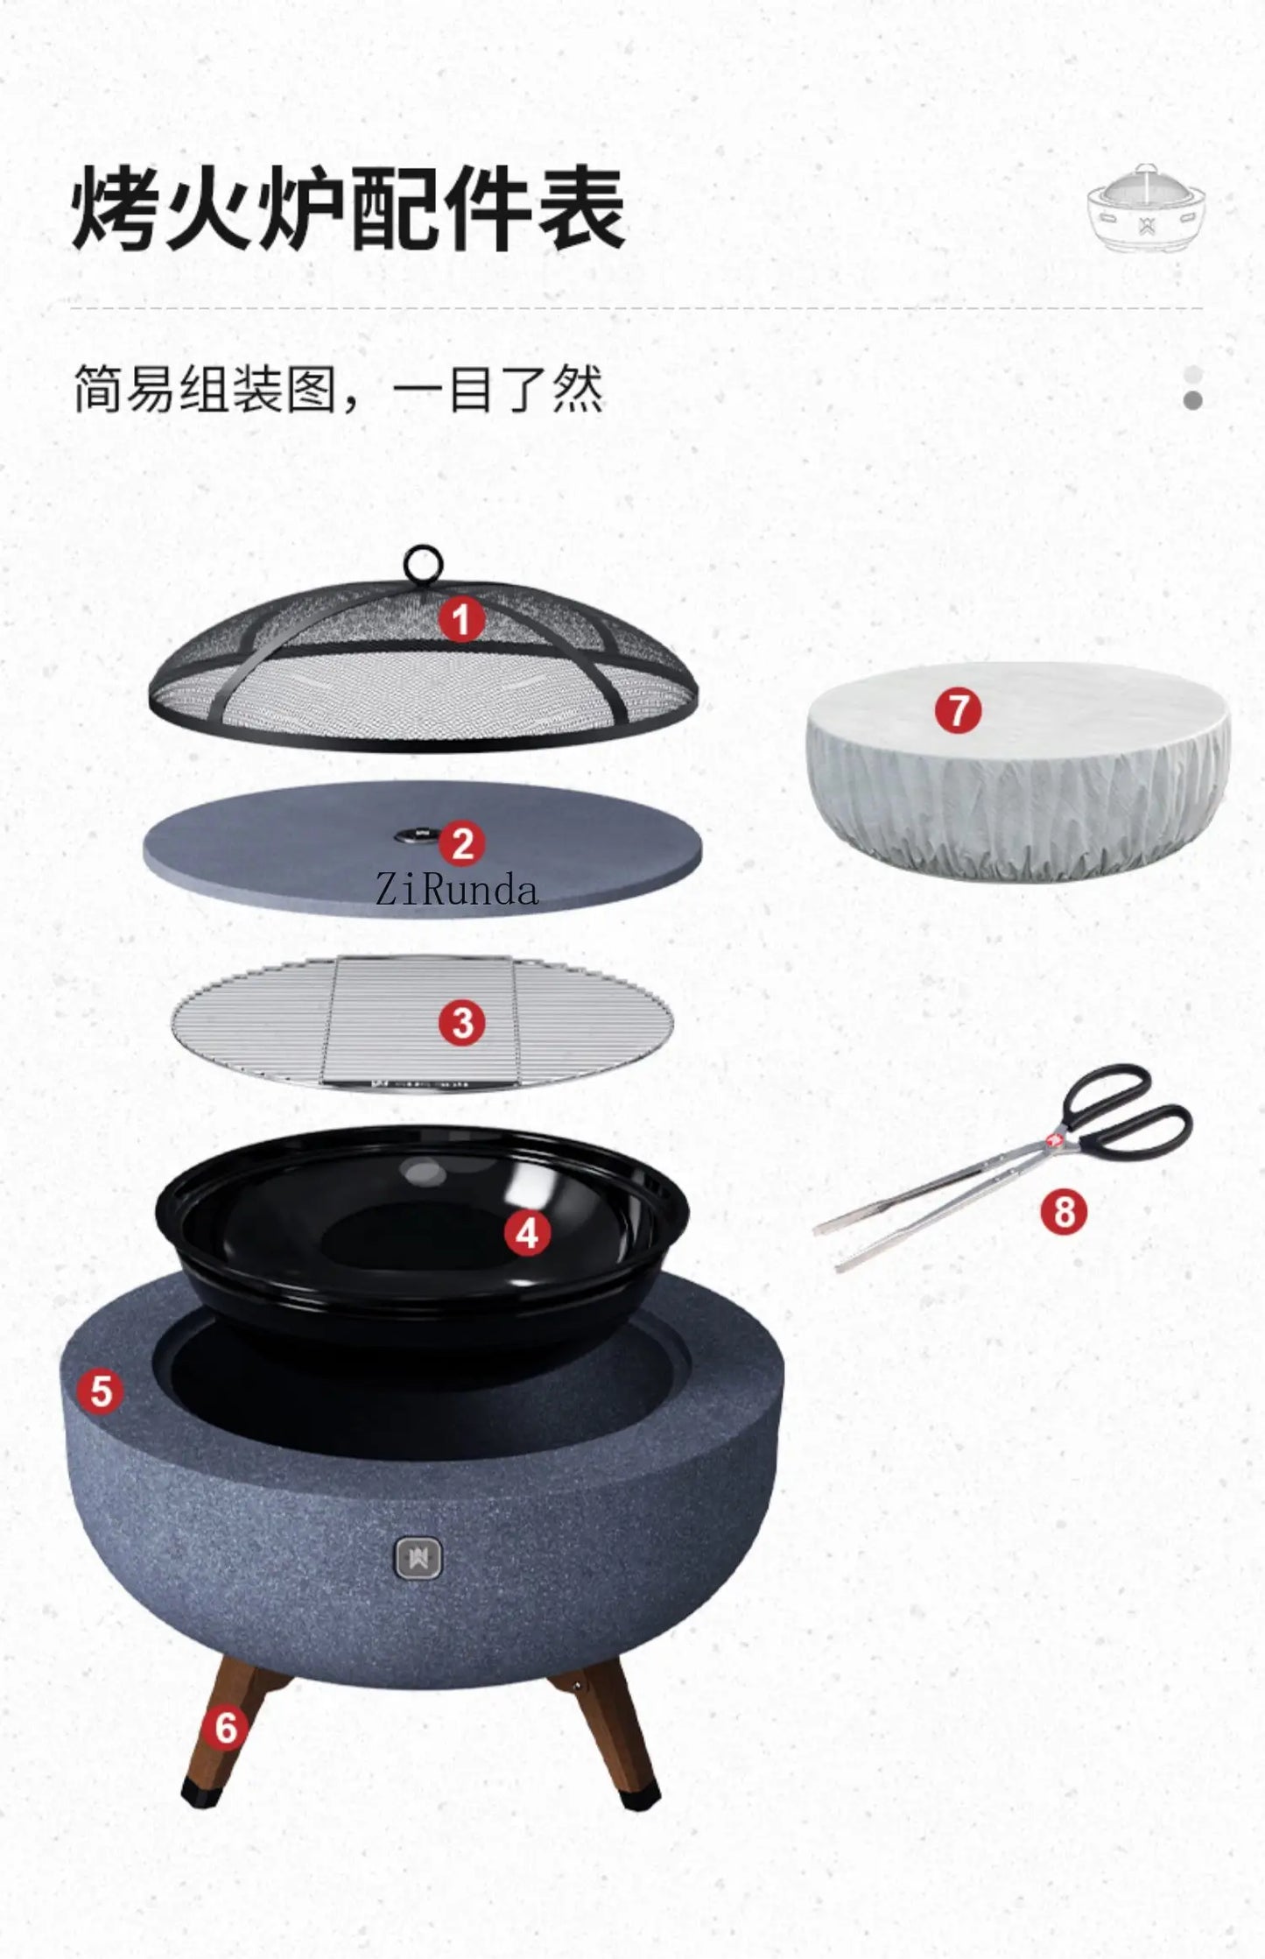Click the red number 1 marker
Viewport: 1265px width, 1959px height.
point(461,619)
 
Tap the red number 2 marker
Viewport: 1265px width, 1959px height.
point(462,844)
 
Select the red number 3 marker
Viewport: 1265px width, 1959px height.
point(462,1023)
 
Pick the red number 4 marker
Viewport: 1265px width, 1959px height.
point(527,1233)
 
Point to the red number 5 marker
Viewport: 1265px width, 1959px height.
point(101,1390)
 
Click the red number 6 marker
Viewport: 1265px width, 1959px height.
point(226,1727)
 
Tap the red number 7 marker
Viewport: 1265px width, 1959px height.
point(958,709)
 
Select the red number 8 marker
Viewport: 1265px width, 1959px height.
point(1064,1212)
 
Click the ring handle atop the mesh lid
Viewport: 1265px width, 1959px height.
point(424,563)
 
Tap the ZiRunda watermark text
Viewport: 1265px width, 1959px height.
point(456,891)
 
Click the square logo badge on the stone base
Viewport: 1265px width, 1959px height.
point(418,1558)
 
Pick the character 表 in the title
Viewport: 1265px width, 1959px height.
point(580,208)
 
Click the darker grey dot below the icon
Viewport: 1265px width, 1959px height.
point(1192,400)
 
